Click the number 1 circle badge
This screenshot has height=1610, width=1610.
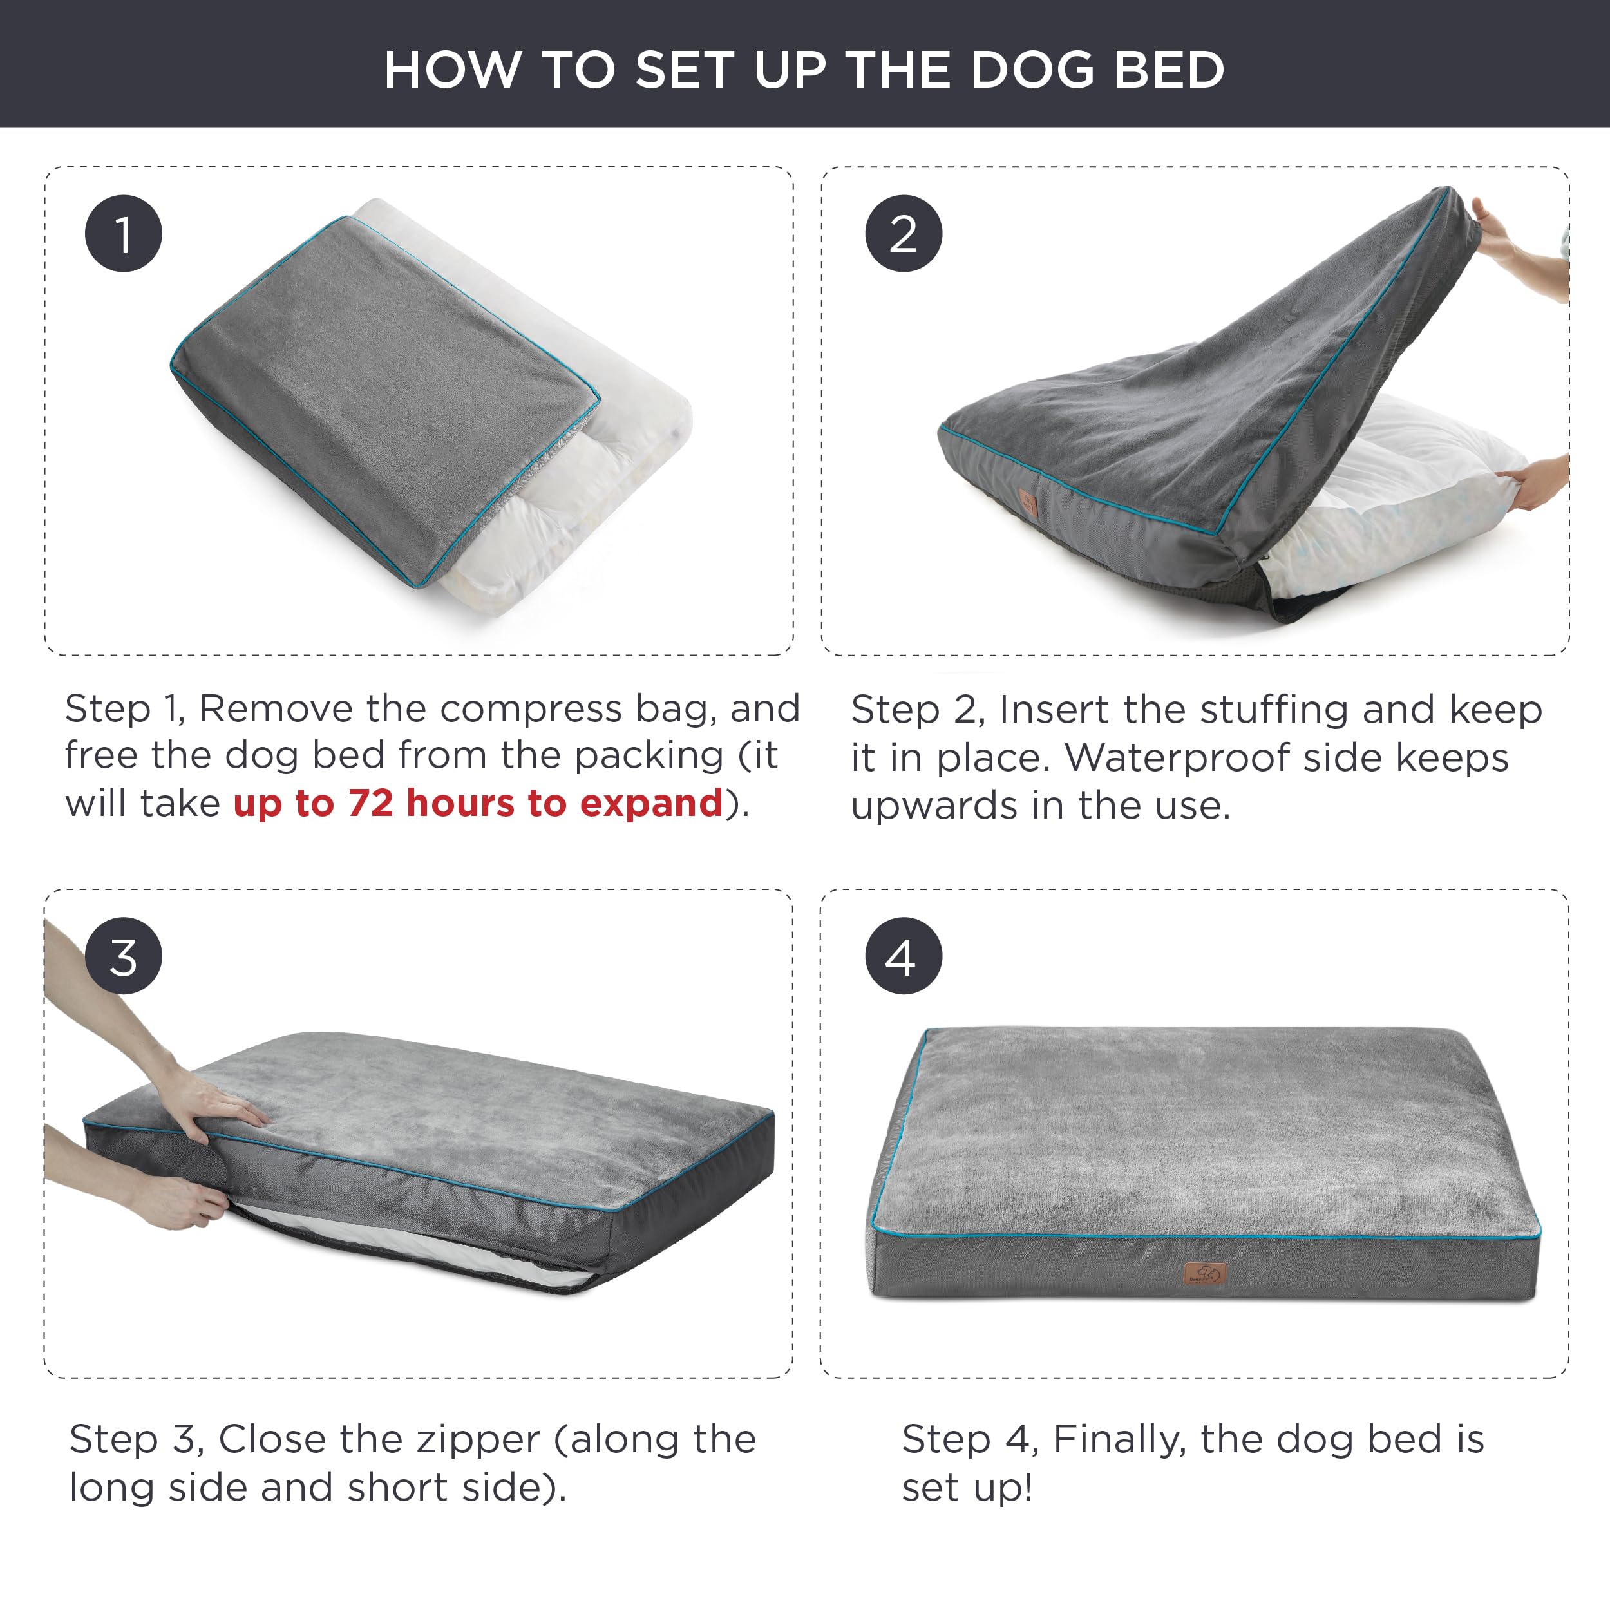(x=124, y=233)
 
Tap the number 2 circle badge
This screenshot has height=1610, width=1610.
(x=904, y=233)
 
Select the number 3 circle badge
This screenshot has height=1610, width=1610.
(x=124, y=956)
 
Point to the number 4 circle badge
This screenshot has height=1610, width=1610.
(x=904, y=956)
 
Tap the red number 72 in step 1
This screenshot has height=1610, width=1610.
(x=371, y=803)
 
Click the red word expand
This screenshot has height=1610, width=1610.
(x=651, y=803)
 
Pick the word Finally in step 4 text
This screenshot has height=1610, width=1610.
(x=1119, y=1440)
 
